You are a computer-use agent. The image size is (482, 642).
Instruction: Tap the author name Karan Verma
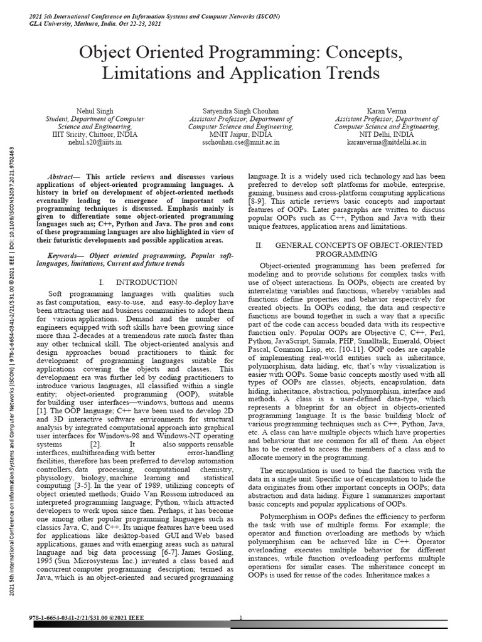(387, 111)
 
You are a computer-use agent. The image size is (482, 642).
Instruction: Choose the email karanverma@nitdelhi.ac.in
(387, 142)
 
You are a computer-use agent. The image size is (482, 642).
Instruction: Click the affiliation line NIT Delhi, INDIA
(387, 134)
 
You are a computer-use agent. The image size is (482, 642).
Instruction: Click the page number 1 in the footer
(241, 618)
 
